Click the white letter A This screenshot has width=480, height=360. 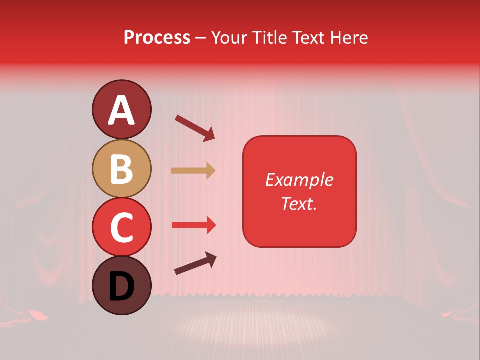coord(121,110)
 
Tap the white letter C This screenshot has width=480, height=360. coord(121,227)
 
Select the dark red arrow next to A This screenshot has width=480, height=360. coord(195,128)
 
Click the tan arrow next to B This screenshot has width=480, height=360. coord(193,171)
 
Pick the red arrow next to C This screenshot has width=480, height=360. coord(194,225)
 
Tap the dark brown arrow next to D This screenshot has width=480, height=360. coord(195,263)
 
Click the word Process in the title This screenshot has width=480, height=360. coord(157,38)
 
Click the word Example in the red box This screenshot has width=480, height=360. coord(299,180)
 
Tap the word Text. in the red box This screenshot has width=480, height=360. coord(299,204)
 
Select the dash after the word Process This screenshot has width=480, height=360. coord(200,38)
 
